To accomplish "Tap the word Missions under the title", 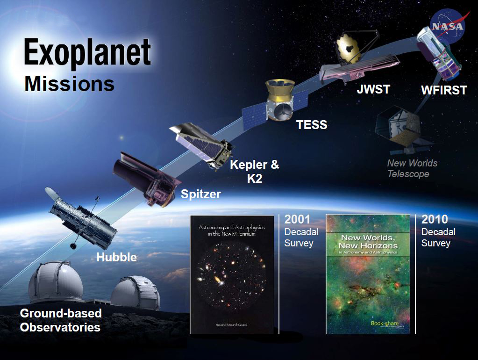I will coord(69,84).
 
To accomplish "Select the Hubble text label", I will coord(116,257).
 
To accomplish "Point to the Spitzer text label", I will coord(201,194).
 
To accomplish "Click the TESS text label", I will coord(312,125).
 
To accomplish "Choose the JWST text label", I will coord(373,89).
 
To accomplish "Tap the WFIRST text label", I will coord(444,90).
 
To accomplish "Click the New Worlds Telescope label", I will coord(412,169).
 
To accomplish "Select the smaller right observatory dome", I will coord(136,292).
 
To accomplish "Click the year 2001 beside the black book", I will coord(297,219).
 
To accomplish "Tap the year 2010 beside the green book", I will coord(435,219).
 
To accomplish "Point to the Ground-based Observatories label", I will coord(60,320).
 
